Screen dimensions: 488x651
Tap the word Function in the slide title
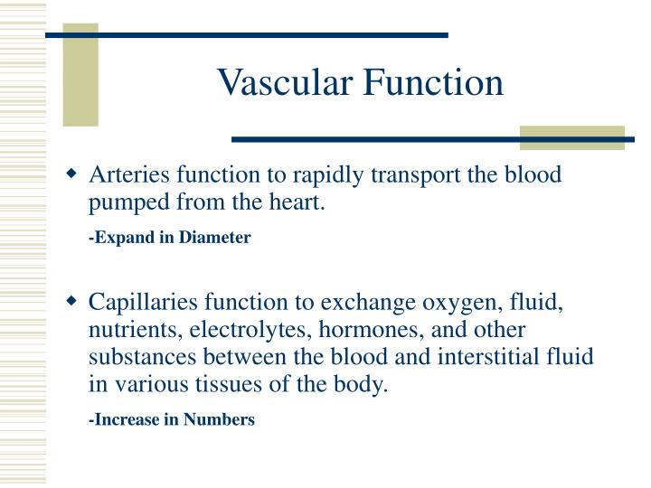(433, 83)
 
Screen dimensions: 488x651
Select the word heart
(298, 202)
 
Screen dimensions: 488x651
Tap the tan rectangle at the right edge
(571, 137)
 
